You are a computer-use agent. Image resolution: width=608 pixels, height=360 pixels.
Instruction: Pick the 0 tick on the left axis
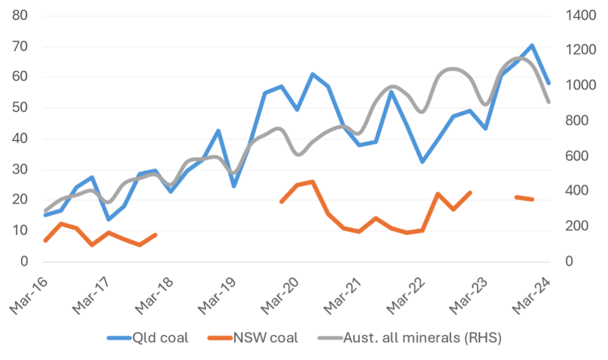[x=24, y=262]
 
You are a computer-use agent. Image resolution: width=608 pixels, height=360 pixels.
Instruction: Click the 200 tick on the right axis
[x=577, y=226]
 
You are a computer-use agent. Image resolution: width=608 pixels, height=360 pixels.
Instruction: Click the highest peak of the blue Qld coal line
[x=532, y=45]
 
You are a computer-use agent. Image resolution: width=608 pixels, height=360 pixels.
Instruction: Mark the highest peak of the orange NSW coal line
[x=313, y=182]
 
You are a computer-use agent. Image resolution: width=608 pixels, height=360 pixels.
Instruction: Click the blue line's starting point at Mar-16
[x=45, y=215]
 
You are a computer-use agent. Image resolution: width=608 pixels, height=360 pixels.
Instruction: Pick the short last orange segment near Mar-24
[x=524, y=198]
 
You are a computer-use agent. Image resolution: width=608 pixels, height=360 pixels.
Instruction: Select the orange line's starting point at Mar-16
[x=45, y=241]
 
